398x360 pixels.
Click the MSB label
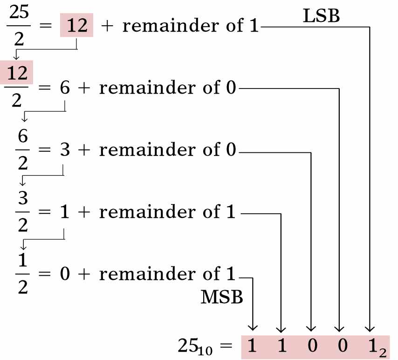[222, 297]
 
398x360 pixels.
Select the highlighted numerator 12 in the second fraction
[17, 73]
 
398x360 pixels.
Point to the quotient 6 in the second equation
[66, 88]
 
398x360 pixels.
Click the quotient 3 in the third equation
[65, 150]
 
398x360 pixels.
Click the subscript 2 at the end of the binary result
[383, 353]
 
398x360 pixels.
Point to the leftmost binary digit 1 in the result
[252, 346]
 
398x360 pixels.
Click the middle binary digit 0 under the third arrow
[311, 346]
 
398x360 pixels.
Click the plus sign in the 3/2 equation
[84, 212]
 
